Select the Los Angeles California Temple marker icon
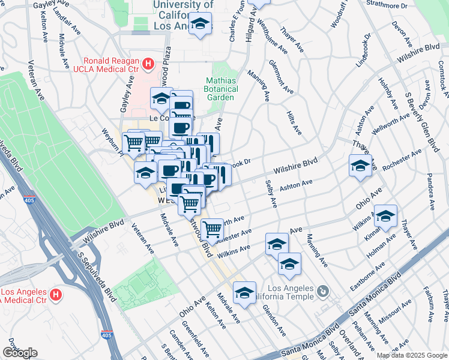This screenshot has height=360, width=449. (323, 292)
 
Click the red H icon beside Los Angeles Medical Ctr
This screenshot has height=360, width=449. (56, 295)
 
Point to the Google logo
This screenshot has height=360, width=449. (20, 353)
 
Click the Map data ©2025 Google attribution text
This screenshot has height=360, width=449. (411, 355)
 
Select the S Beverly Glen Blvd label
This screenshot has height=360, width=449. (420, 120)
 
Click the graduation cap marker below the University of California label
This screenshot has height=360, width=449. (200, 25)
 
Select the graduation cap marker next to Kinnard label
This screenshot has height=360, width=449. (385, 215)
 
